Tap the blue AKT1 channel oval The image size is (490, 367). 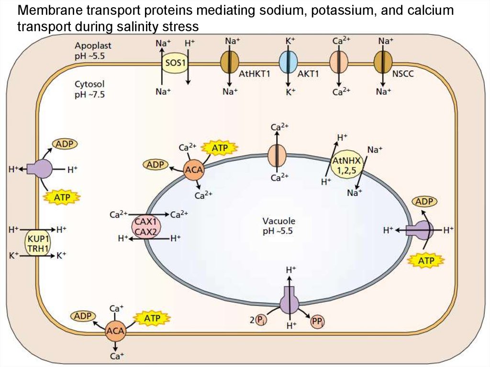(x=288, y=63)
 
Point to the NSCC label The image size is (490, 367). (x=402, y=75)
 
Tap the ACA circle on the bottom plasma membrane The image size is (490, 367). (x=115, y=331)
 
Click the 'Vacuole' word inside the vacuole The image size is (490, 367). (x=278, y=221)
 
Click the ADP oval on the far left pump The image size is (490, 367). (x=65, y=144)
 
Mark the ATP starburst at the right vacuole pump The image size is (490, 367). (x=426, y=260)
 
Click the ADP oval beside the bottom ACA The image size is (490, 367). (x=83, y=316)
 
